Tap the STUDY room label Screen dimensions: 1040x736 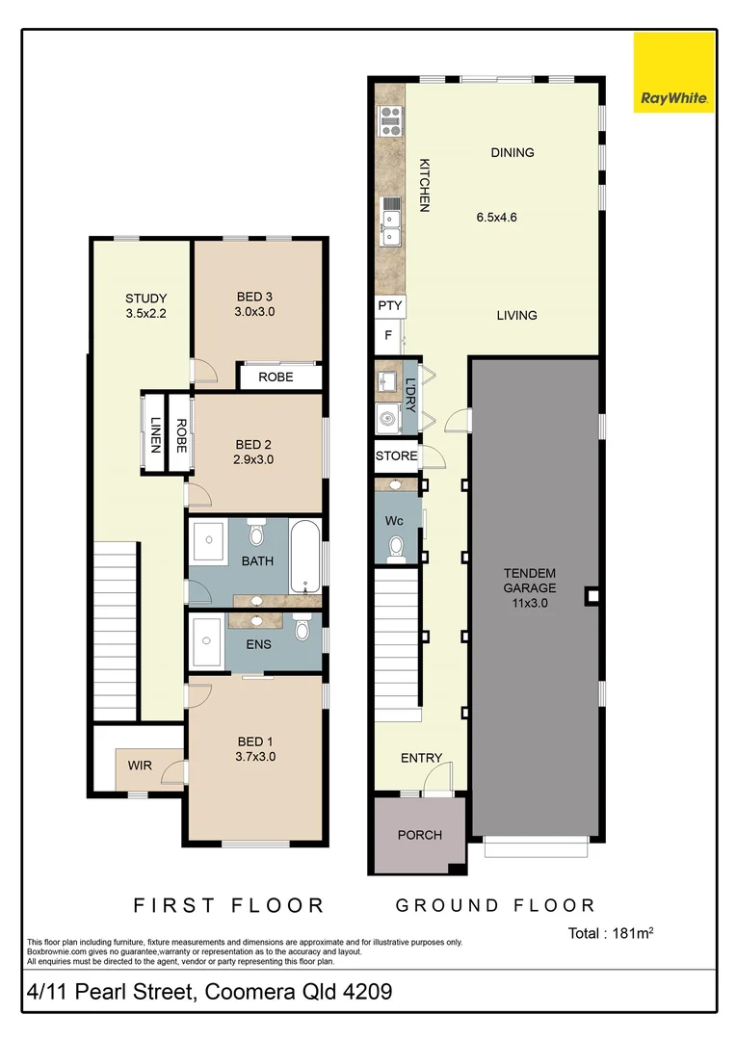point(146,298)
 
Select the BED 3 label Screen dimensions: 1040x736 point(254,297)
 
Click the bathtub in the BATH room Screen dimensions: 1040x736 point(304,558)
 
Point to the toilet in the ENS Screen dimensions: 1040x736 point(302,631)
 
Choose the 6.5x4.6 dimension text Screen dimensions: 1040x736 point(497,217)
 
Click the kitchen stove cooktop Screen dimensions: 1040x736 point(391,120)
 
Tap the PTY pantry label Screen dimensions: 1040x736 point(389,306)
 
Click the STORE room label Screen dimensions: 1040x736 point(396,456)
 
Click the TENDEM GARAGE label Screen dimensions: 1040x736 point(529,587)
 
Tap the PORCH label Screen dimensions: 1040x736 point(419,834)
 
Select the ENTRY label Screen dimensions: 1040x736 point(421,758)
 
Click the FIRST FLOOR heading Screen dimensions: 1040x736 point(228,905)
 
